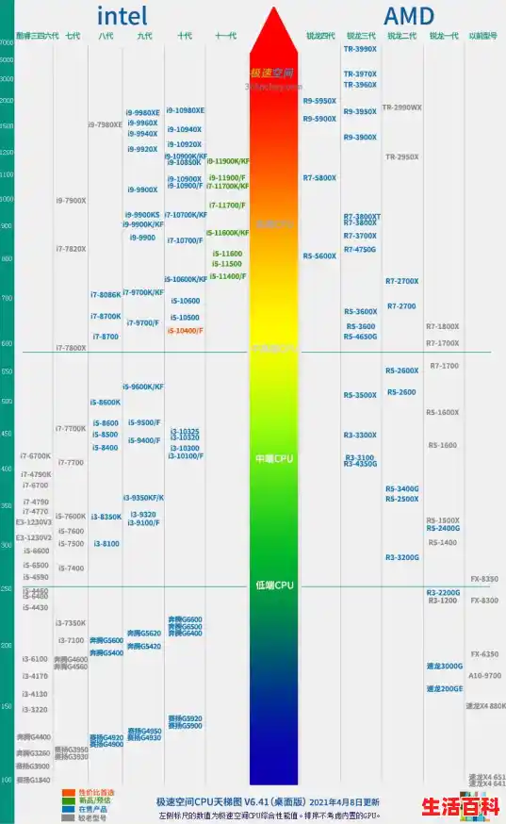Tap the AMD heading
pos(409,15)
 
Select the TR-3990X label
pos(360,49)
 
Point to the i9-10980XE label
pos(186,110)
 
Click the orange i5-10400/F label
pos(185,331)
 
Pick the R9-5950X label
pos(319,101)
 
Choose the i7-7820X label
pos(71,249)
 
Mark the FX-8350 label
pos(484,578)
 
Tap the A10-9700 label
pos(484,675)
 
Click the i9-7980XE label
pos(106,124)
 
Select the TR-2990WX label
pos(402,107)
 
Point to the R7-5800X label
pos(319,178)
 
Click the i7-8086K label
pos(106,295)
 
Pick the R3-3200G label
pos(402,557)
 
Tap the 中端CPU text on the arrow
pos(274,458)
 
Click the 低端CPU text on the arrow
pos(274,585)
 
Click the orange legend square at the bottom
pos(68,793)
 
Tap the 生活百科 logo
pos(459,806)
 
